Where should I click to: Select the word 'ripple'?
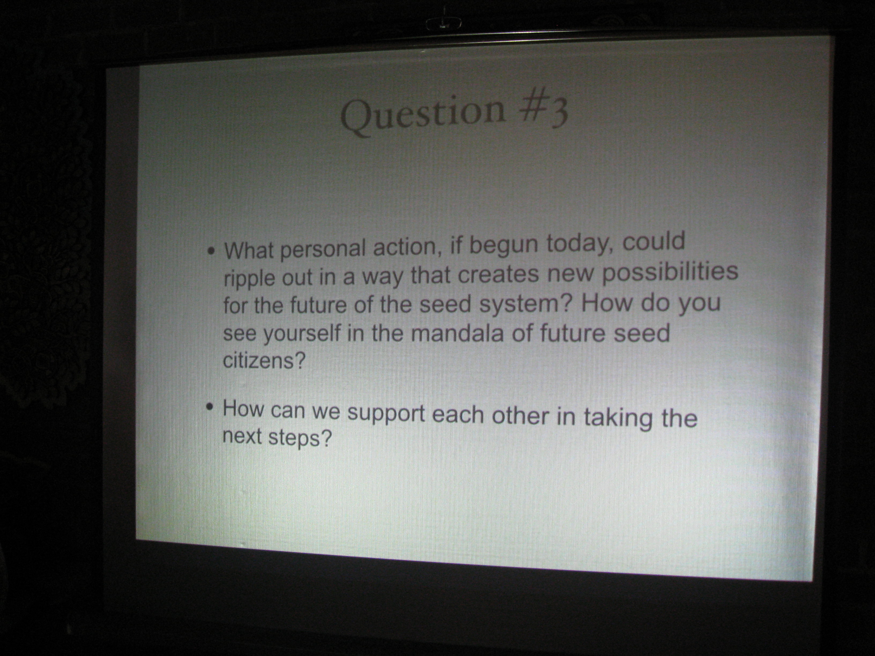tap(249, 279)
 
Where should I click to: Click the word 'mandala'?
tap(458, 333)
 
